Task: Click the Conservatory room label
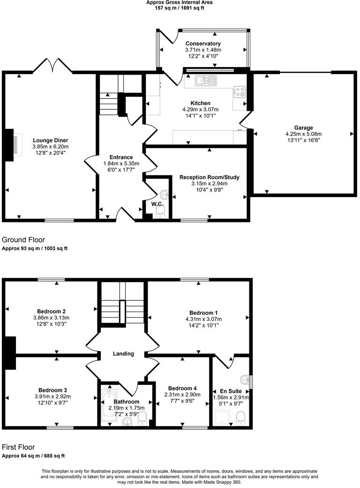[x=203, y=44]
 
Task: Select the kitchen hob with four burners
[x=240, y=91]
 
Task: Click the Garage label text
[x=303, y=128]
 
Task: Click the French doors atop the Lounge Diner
[x=52, y=66]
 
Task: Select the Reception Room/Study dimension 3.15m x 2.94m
[x=209, y=183]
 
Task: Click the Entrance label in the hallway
[x=121, y=157]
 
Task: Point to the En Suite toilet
[x=240, y=417]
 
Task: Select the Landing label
[x=123, y=354]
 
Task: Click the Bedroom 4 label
[x=182, y=389]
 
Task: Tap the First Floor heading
[x=18, y=447]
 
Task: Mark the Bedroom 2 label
[x=51, y=311]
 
